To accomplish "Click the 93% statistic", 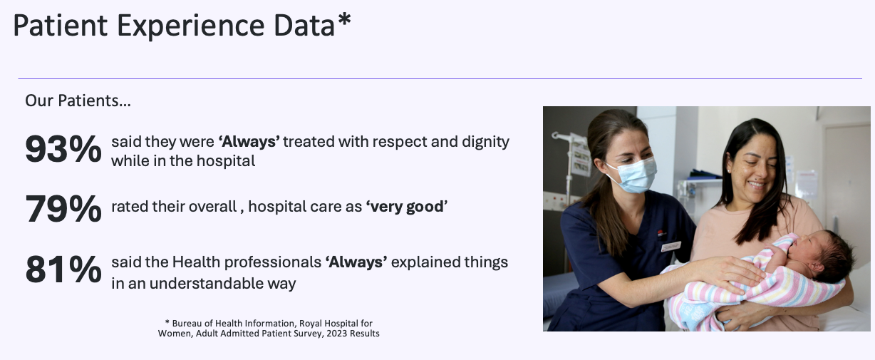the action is (x=63, y=149).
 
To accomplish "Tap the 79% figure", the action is (x=63, y=209).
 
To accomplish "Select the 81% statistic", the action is (x=63, y=269).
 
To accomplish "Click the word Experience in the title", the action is (x=191, y=26).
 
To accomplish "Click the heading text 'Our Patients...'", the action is (x=78, y=101).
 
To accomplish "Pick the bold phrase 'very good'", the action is (x=407, y=207).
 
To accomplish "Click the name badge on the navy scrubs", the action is (x=671, y=246).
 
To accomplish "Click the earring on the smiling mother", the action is (x=730, y=171).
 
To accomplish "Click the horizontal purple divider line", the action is (x=440, y=78).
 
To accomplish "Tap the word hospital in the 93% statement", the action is (x=225, y=161).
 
